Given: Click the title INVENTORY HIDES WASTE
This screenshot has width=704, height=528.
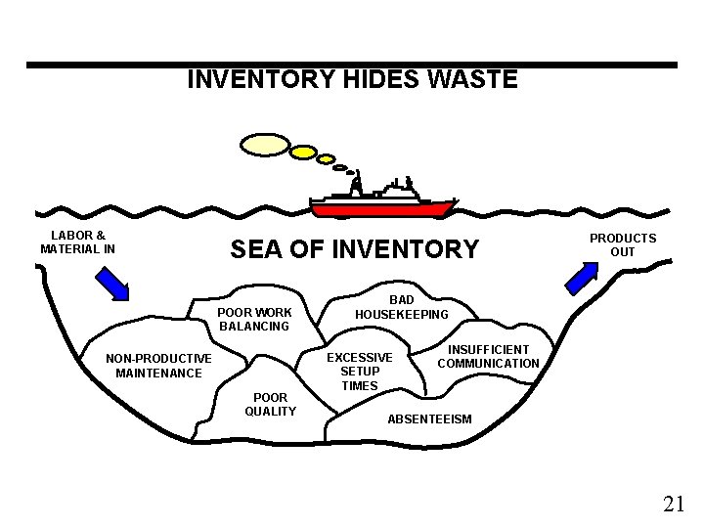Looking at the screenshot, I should tap(352, 79).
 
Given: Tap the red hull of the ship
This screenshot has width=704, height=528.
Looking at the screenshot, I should tap(382, 207).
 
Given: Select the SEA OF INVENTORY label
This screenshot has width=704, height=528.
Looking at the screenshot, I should tap(354, 250).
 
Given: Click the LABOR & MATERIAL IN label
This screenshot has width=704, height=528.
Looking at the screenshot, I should tap(78, 242).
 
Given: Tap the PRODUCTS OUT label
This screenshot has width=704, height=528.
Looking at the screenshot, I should tap(622, 245).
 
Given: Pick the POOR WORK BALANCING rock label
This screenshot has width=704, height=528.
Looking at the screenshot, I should tap(255, 320).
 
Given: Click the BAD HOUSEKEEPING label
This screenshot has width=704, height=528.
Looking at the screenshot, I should tap(401, 307).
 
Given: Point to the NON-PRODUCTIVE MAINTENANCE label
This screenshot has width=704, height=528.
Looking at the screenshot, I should tap(158, 366).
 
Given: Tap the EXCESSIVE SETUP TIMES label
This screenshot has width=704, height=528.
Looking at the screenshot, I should tap(360, 372).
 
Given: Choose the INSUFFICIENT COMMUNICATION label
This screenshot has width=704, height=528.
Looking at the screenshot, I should tap(488, 356).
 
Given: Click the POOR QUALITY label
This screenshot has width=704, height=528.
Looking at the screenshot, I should tap(270, 404).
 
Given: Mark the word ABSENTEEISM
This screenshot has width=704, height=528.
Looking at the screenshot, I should tap(429, 419).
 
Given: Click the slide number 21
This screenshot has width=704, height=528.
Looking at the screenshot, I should tap(673, 505).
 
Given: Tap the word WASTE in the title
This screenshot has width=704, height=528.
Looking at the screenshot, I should tap(472, 79).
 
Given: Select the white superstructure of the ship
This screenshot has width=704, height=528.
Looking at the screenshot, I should tap(391, 189).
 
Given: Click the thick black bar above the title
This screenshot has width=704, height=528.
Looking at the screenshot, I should tap(352, 65).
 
